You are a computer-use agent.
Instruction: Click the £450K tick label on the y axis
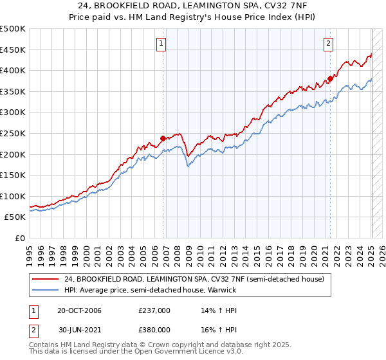(13, 50)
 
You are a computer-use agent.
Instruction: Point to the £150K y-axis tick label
(13, 175)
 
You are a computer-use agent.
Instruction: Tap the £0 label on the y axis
(19, 238)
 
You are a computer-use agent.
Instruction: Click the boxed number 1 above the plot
(160, 44)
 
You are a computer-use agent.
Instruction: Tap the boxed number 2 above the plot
(328, 44)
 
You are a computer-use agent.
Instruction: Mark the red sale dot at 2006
(163, 138)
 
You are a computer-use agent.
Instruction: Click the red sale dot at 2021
(330, 78)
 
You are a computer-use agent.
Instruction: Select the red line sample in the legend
(46, 279)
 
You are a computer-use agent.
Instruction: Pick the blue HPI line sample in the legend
(46, 290)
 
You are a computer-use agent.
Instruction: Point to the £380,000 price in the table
(154, 328)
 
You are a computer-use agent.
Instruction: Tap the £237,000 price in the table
(154, 310)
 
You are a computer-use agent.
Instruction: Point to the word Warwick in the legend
(221, 290)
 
